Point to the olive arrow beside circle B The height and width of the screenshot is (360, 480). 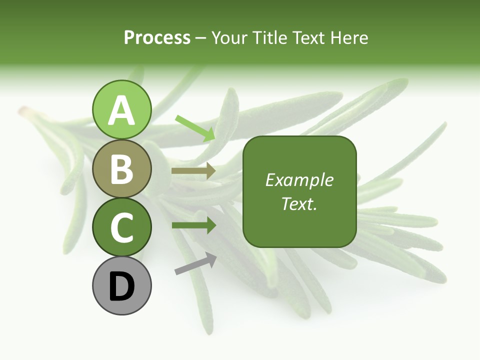coord(193,171)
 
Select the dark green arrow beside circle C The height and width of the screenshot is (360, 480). coord(194,225)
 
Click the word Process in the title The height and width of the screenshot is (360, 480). coord(157,37)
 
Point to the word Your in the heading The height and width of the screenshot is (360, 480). coord(230,37)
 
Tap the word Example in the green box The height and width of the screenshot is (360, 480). coord(299,180)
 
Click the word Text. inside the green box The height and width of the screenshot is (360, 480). coord(299,203)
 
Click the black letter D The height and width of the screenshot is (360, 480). coord(122,286)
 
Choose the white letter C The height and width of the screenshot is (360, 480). coord(122,227)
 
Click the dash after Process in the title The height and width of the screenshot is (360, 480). coord(201,38)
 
